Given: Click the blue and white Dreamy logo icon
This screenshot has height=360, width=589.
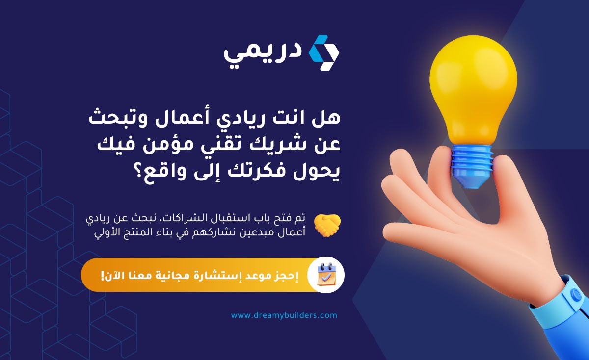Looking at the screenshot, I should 323,53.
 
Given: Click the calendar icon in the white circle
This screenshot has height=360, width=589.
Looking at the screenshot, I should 326,275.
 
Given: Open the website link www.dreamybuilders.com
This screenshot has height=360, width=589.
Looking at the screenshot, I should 284,315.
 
